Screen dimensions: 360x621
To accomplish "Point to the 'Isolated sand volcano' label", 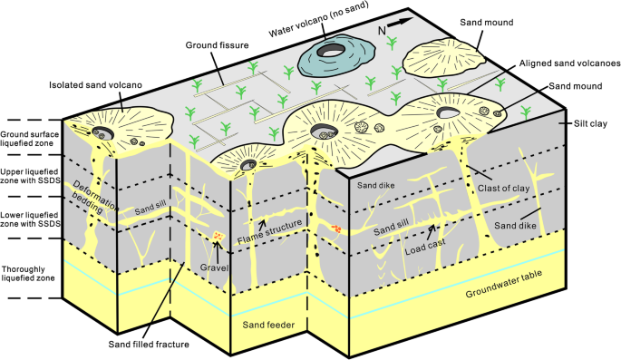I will coord(98,86).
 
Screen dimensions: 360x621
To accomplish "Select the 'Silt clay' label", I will coord(591,124).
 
